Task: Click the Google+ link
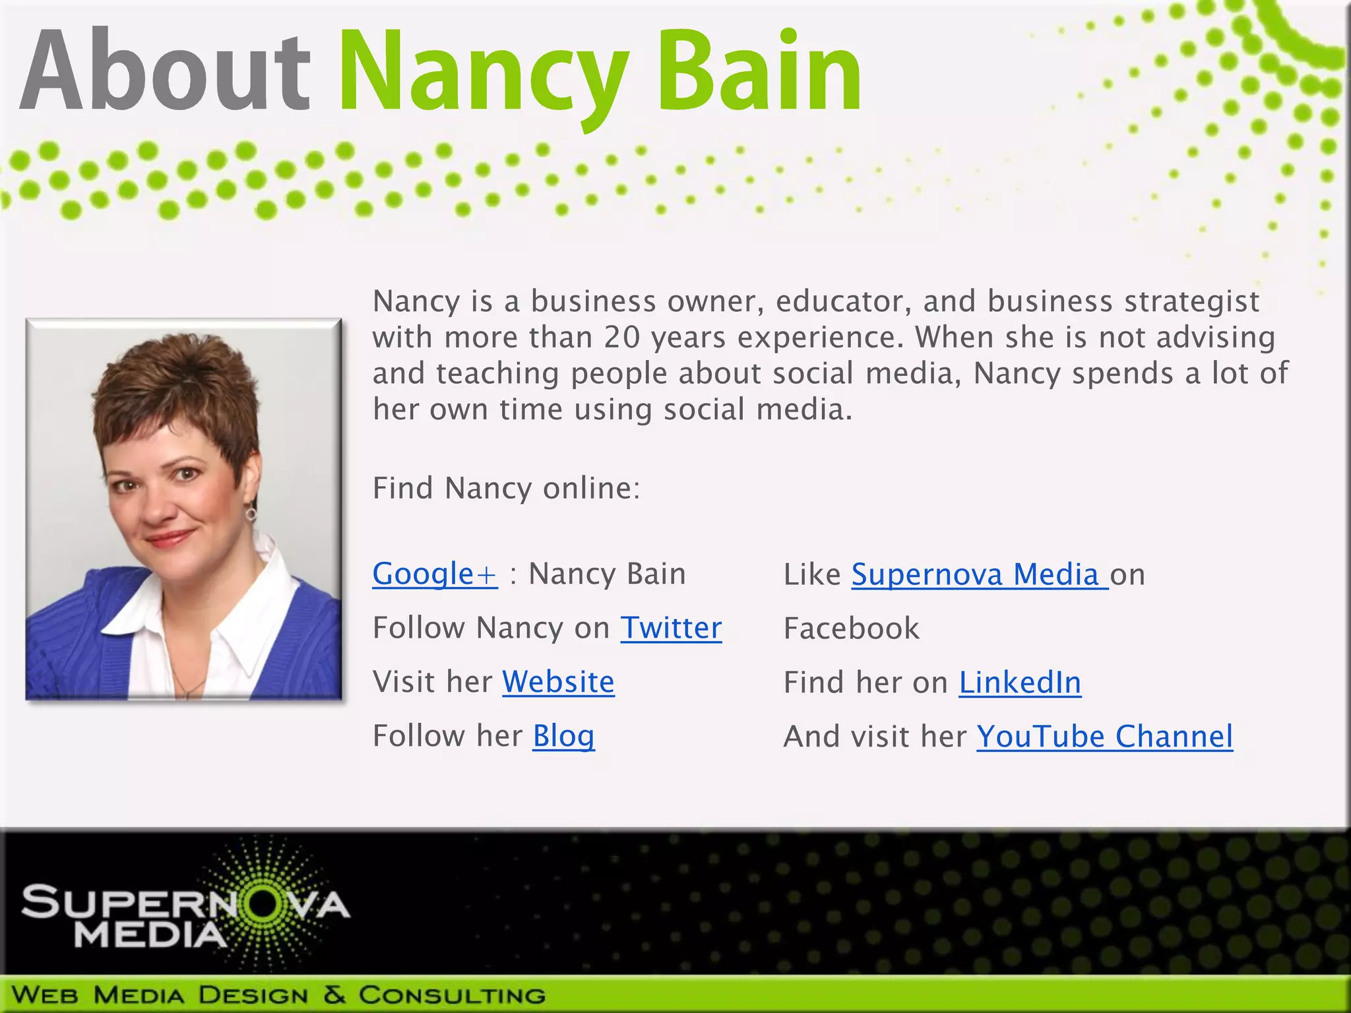(435, 574)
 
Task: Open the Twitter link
(671, 628)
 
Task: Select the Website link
(558, 682)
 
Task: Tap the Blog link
(563, 736)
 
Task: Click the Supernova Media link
(979, 574)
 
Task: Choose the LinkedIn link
(1020, 683)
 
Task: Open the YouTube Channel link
(1104, 737)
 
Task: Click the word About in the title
(165, 71)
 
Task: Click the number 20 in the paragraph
(622, 338)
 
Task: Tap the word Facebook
(851, 629)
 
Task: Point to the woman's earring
(251, 512)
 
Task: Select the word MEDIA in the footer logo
(150, 935)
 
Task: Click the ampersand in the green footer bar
(334, 995)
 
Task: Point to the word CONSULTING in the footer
(452, 995)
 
